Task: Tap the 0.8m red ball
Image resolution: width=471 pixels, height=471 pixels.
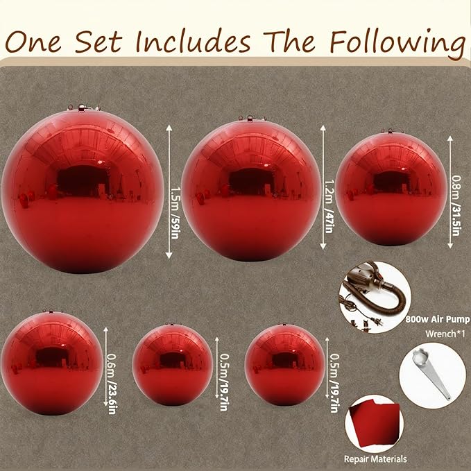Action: pyautogui.click(x=391, y=187)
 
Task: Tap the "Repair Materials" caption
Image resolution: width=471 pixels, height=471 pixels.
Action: pyautogui.click(x=375, y=459)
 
